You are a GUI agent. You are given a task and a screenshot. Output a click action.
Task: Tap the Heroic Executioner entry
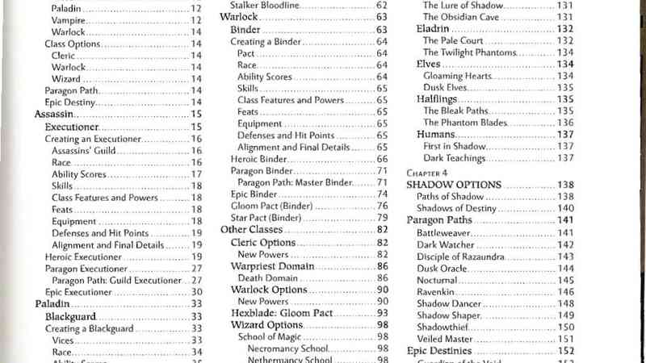[83, 257]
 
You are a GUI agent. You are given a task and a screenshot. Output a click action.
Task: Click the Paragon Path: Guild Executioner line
[112, 280]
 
